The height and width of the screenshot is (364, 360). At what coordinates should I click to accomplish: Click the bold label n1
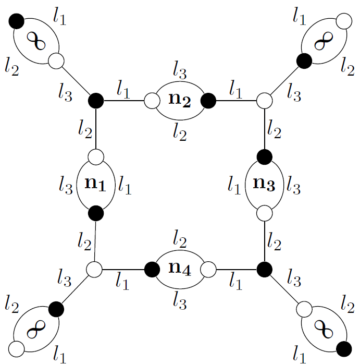tap(95, 184)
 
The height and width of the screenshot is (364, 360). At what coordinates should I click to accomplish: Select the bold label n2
tap(179, 100)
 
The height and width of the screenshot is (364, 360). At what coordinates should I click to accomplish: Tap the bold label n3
tap(264, 184)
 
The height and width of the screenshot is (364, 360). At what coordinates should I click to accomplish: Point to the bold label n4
tap(179, 269)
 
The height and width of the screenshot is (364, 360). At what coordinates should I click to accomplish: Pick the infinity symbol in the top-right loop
tap(323, 42)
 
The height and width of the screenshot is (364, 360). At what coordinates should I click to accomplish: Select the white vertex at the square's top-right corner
tap(264, 100)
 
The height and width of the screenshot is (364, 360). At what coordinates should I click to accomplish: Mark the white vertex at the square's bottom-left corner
tap(95, 269)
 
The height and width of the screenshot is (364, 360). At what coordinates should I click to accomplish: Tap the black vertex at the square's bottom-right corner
tap(264, 269)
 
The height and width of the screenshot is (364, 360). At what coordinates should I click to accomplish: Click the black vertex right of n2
tap(208, 100)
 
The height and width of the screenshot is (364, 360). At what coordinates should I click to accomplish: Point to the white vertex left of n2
tap(151, 100)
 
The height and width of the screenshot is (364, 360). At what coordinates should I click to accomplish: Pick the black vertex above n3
tap(264, 155)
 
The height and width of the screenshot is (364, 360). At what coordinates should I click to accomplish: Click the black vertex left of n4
tap(151, 269)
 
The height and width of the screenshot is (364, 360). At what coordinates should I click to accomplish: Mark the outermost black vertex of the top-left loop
tap(16, 21)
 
